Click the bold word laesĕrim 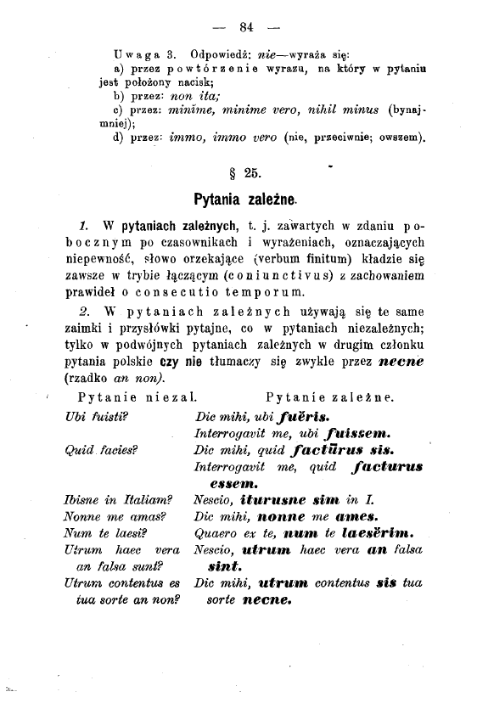[x=378, y=534]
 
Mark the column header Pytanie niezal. [x=137, y=396]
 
